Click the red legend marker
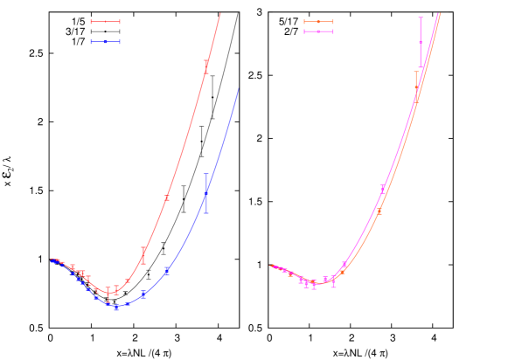pyautogui.click(x=105, y=22)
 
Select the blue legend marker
pyautogui.click(x=105, y=41)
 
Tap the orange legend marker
pyautogui.click(x=318, y=22)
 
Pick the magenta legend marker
pyautogui.click(x=318, y=31)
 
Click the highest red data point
pyautogui.click(x=206, y=68)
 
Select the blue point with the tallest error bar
pyautogui.click(x=206, y=193)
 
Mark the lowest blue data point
pyautogui.click(x=116, y=307)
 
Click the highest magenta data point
pyautogui.click(x=421, y=41)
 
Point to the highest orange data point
pyautogui.click(x=416, y=80)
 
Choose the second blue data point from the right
pyautogui.click(x=166, y=271)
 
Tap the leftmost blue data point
pyautogui.click(x=53, y=260)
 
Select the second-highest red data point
pyautogui.click(x=166, y=198)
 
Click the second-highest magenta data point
pyautogui.click(x=382, y=189)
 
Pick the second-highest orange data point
pyautogui.click(x=379, y=211)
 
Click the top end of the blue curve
pyautogui.click(x=238, y=88)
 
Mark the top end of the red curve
pyautogui.click(x=220, y=13)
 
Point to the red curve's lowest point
pyautogui.click(x=110, y=290)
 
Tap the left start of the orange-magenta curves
pyautogui.click(x=272, y=266)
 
